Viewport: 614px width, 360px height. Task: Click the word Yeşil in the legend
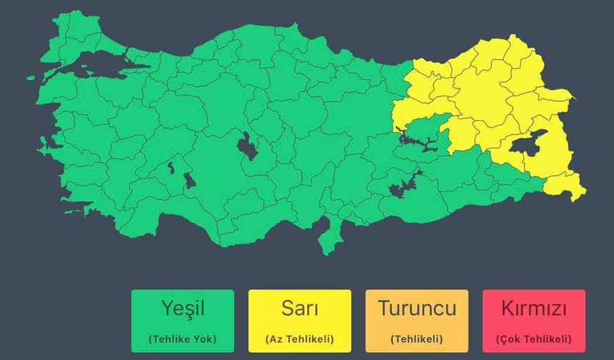pyautogui.click(x=182, y=309)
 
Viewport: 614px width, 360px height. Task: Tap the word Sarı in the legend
pyautogui.click(x=299, y=309)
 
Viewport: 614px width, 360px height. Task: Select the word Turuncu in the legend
pyautogui.click(x=416, y=309)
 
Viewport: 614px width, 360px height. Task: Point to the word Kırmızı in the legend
pyautogui.click(x=533, y=309)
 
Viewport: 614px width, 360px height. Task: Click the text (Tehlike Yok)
pyautogui.click(x=182, y=339)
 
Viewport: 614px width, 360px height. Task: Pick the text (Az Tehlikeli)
pyautogui.click(x=299, y=339)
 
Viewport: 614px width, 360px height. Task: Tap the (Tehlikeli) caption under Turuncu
pyautogui.click(x=416, y=339)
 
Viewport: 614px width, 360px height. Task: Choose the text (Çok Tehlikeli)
pyautogui.click(x=533, y=339)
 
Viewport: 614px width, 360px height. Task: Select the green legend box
pyautogui.click(x=182, y=320)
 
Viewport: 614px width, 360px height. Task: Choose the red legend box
pyautogui.click(x=533, y=320)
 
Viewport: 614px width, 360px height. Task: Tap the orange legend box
pyautogui.click(x=416, y=320)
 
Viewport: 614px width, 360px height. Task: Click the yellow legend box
pyautogui.click(x=299, y=320)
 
